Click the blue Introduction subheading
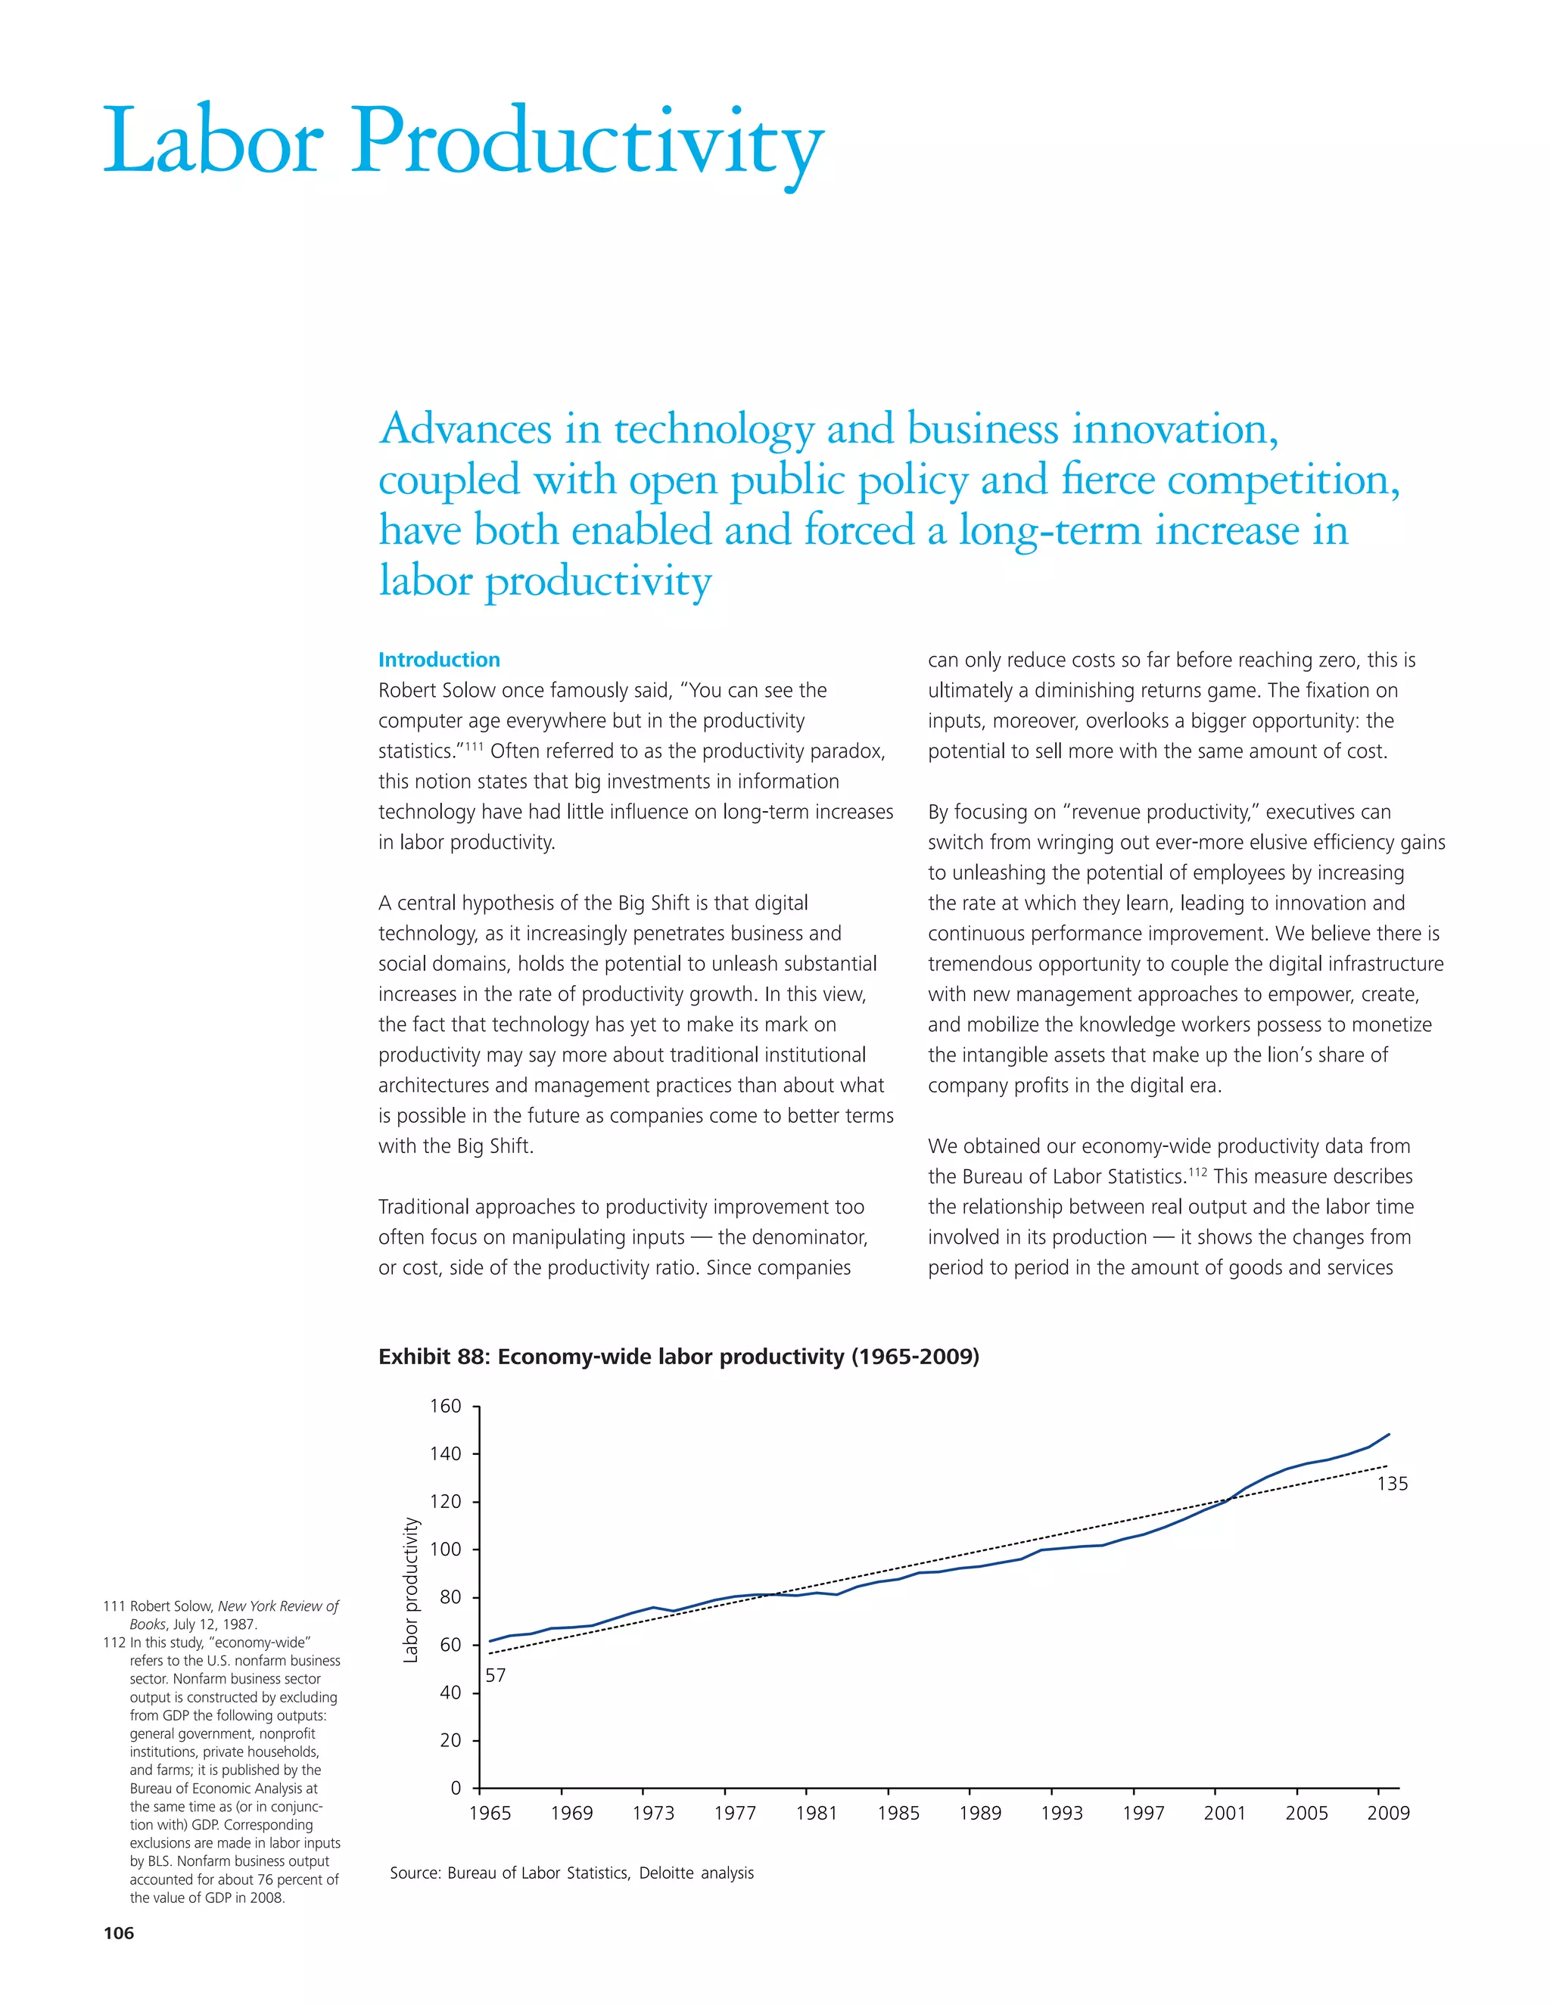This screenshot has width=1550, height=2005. click(x=439, y=659)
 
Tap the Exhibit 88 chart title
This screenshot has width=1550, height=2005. click(x=679, y=1356)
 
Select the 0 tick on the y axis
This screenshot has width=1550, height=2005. click(x=456, y=1789)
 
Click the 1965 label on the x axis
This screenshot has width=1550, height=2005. click(x=490, y=1813)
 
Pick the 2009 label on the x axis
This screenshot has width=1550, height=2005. click(x=1387, y=1813)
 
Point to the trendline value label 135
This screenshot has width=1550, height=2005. click(x=1392, y=1484)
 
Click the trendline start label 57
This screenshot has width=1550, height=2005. click(x=495, y=1675)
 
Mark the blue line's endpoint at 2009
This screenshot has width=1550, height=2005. click(x=1388, y=1434)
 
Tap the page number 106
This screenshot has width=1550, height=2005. click(x=119, y=1933)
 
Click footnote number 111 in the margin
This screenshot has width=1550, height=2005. click(x=114, y=1606)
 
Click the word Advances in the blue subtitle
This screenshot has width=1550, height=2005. click(x=466, y=430)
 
